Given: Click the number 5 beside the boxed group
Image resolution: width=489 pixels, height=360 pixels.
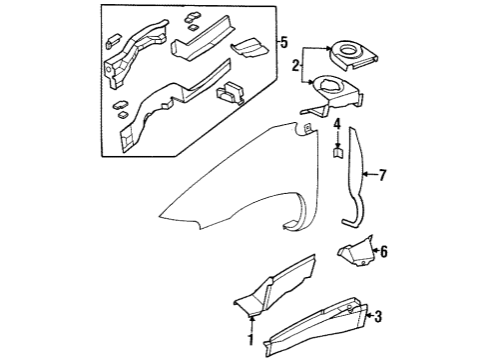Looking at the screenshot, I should point(285,42).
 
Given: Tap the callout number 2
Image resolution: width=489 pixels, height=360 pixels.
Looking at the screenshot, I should point(296,67).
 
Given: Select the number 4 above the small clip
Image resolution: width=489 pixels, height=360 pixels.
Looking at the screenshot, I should point(337,125).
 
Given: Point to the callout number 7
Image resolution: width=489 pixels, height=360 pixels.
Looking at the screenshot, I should point(381,176).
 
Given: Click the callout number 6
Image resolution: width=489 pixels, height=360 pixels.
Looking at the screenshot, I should point(383,252).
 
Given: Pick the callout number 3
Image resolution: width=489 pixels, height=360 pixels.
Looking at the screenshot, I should point(376,317).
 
